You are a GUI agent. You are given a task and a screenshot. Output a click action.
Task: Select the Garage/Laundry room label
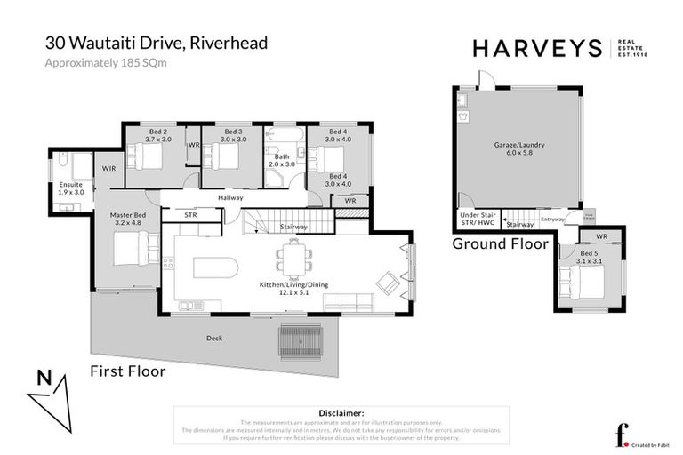coord(518,148)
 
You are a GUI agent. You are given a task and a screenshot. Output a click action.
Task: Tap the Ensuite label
coord(71,188)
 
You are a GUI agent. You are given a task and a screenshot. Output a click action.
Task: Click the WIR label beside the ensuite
coord(109,168)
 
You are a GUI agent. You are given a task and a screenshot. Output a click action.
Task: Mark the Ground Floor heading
coord(492,243)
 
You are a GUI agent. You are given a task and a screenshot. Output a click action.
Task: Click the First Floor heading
coord(128,371)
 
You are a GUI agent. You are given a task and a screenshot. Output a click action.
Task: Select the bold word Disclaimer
coord(341,413)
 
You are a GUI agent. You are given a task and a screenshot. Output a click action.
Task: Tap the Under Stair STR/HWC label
coord(476,219)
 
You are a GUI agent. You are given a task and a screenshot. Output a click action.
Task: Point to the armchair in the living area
coord(388,283)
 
